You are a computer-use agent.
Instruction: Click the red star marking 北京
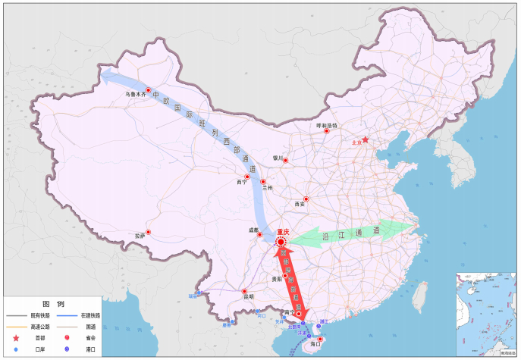pos(366,140)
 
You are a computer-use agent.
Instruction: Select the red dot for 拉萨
pos(149,232)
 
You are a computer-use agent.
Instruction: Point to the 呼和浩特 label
pos(327,125)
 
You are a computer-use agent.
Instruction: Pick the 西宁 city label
pos(241,183)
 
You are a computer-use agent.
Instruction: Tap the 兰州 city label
pos(267,188)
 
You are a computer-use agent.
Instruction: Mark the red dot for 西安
pos(306,199)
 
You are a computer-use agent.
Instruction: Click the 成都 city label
pos(253,230)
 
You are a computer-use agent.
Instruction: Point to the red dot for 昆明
pos(244,291)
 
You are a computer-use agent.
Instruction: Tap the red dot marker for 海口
pos(319,339)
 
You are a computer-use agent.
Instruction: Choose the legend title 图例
pos(52,303)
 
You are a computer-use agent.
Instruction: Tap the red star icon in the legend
pos(17,338)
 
